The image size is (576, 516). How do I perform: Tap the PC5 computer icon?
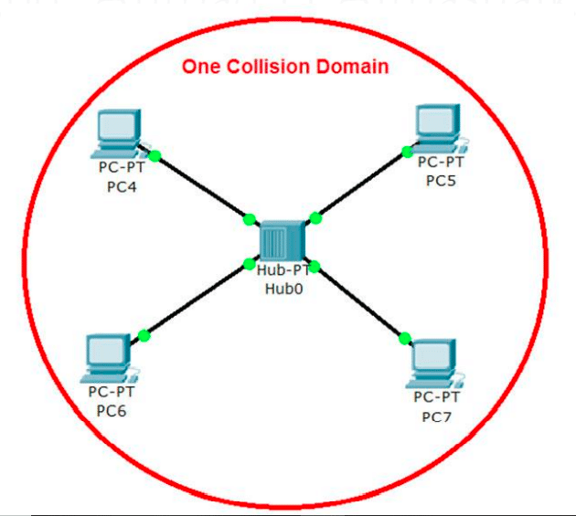tap(440, 129)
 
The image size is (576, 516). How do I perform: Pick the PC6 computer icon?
tap(109, 358)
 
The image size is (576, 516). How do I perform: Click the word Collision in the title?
tap(268, 67)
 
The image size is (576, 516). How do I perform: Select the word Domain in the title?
tap(352, 67)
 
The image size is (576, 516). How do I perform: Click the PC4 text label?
tap(122, 187)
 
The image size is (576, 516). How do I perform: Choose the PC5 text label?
tap(441, 181)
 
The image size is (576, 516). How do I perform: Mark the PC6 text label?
tap(112, 411)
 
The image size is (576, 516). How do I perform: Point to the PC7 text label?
tap(436, 417)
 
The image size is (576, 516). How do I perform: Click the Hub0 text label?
tap(284, 289)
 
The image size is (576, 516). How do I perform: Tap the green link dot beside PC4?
tap(155, 156)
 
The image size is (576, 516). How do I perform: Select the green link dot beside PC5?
tap(407, 152)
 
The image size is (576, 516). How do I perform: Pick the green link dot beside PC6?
tap(144, 335)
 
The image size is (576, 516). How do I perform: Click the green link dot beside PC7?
tap(405, 339)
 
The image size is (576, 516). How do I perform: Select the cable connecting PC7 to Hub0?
tap(359, 301)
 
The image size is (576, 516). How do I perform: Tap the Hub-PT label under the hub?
tap(283, 270)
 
